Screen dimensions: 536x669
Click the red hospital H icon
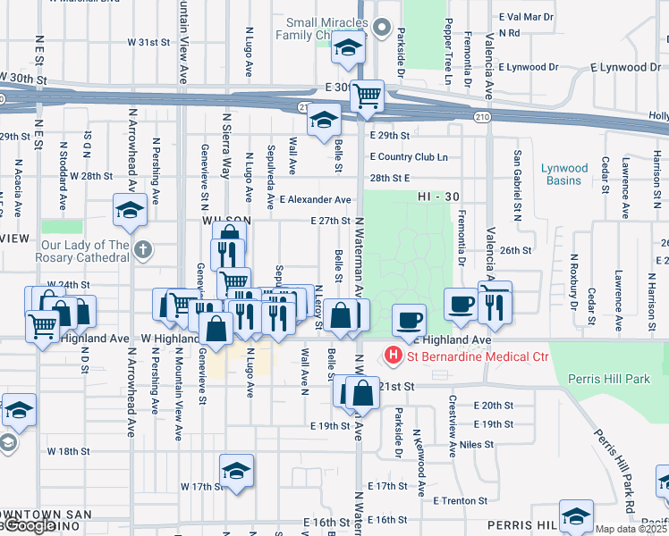(x=393, y=356)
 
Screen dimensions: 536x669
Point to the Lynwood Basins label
(x=564, y=174)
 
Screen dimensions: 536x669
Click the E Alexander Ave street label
(x=315, y=199)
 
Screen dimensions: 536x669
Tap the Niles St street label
(x=478, y=443)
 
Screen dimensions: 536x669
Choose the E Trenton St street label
(x=460, y=501)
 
